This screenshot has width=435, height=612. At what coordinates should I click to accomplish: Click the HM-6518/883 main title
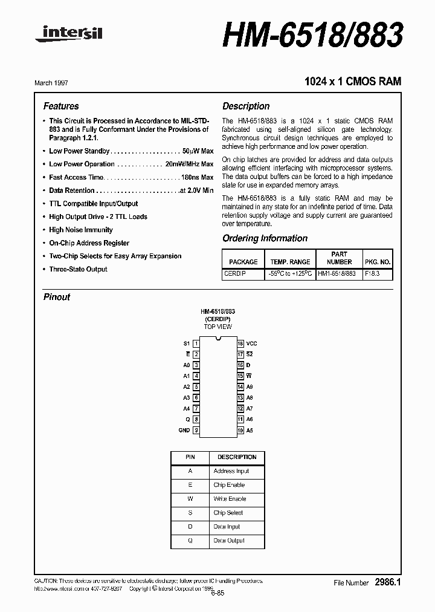click(x=312, y=34)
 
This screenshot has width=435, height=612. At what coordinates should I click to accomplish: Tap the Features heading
click(x=61, y=106)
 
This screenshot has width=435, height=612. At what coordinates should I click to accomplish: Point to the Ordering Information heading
click(x=265, y=238)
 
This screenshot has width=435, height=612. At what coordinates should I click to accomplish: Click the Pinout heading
click(x=57, y=297)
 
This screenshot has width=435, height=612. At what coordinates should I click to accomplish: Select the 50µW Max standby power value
click(x=198, y=151)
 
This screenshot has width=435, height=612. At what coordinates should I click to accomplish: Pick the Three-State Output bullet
click(x=78, y=269)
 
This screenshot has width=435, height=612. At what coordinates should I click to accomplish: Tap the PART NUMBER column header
click(x=339, y=258)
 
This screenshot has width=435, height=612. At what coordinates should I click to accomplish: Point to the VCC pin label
click(x=251, y=343)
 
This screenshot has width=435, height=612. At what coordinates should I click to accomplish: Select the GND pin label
click(x=184, y=431)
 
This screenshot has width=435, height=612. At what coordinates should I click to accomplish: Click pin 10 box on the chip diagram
click(x=240, y=431)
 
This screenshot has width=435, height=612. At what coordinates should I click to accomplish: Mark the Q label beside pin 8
click(x=188, y=420)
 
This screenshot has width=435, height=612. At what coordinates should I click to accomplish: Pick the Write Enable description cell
click(x=230, y=499)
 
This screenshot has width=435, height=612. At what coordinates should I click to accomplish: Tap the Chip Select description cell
click(x=228, y=513)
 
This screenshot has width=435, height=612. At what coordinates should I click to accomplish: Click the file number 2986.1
click(x=387, y=582)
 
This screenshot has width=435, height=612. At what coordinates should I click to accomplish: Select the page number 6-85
click(x=217, y=593)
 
